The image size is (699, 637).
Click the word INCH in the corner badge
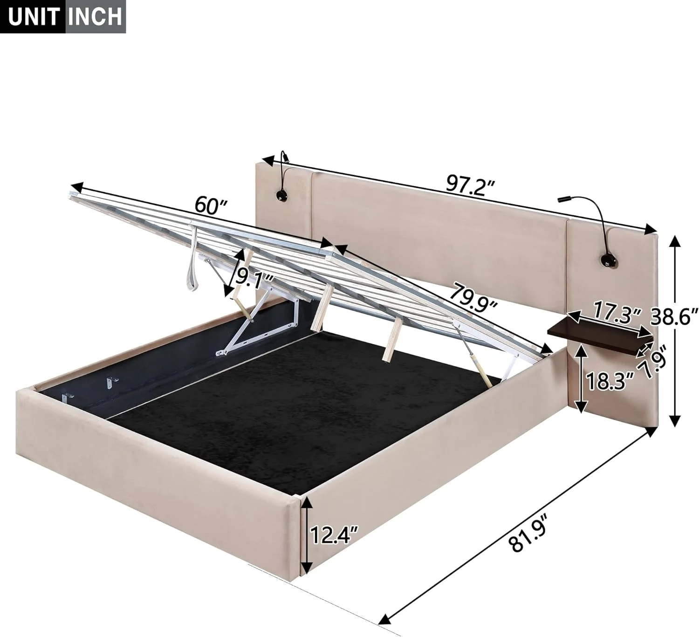[x=95, y=17]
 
